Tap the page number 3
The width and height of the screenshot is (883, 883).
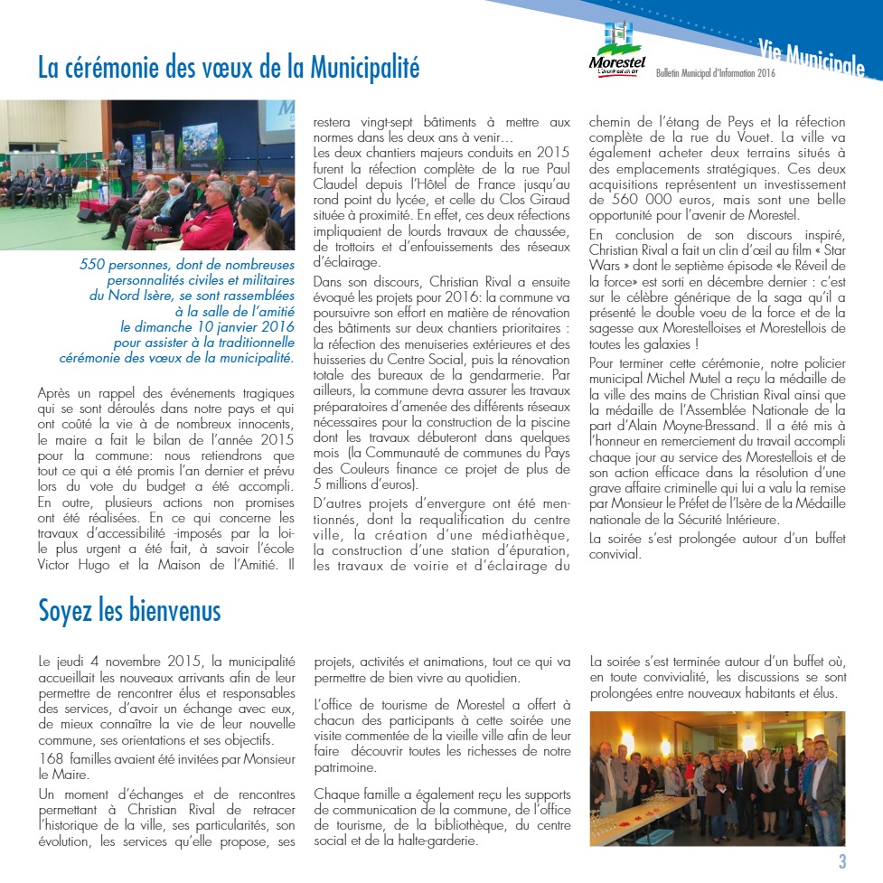click(x=842, y=861)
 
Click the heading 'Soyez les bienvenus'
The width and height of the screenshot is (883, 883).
click(x=129, y=611)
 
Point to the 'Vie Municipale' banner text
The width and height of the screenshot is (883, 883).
click(x=812, y=55)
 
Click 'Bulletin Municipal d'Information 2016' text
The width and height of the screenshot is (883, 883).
click(x=716, y=72)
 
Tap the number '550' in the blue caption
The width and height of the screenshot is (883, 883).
click(x=93, y=265)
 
